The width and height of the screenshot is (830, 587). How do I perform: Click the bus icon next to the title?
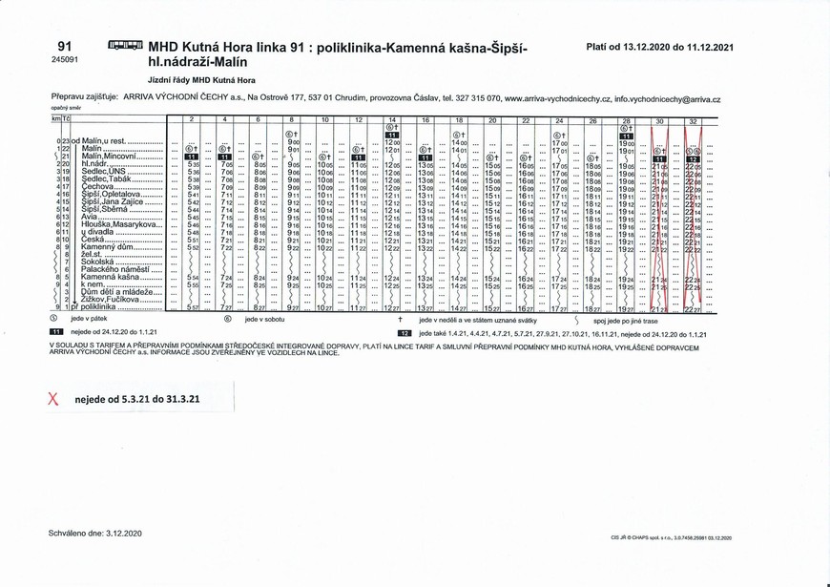[x=126, y=45]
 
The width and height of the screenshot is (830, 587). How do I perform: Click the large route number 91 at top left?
[x=65, y=46]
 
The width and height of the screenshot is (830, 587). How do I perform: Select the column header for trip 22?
[x=525, y=120]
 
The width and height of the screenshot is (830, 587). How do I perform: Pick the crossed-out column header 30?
[x=659, y=120]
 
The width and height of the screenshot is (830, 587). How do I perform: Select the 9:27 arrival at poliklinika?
[x=294, y=308]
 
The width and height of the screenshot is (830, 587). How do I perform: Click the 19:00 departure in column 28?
[x=626, y=142]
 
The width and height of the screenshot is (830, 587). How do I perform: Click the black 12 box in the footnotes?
[x=405, y=332]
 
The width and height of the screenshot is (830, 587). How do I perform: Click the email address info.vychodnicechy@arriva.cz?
[x=668, y=98]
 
